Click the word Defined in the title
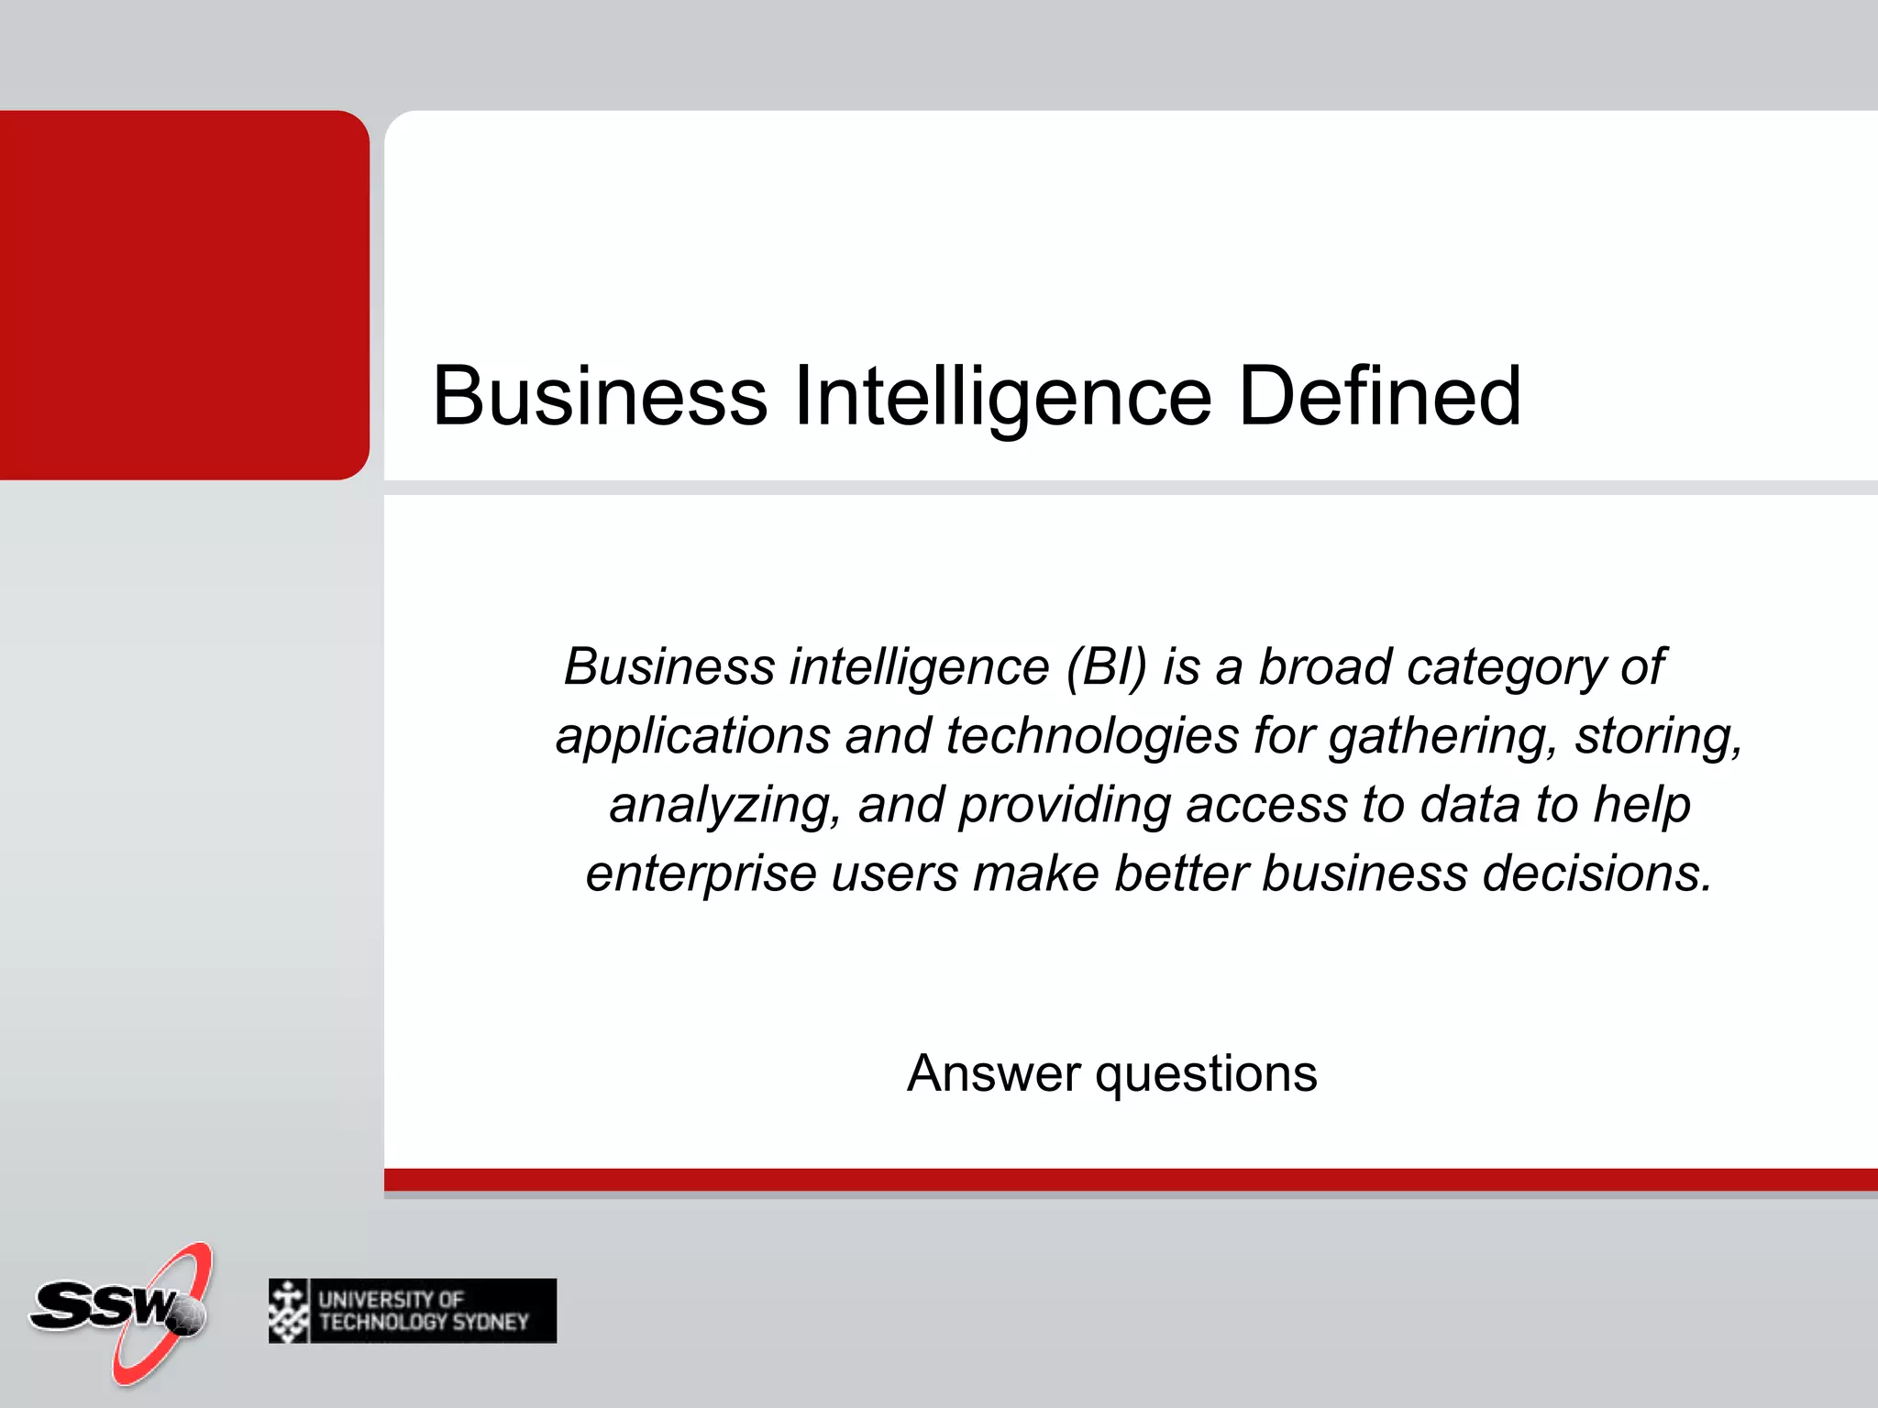[1379, 396]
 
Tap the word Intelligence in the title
[1002, 398]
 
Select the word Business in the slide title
[600, 396]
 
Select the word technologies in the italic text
[1091, 736]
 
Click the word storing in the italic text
[1657, 736]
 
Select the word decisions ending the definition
[1596, 874]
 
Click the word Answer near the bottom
[994, 1073]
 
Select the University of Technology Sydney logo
[412, 1311]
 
